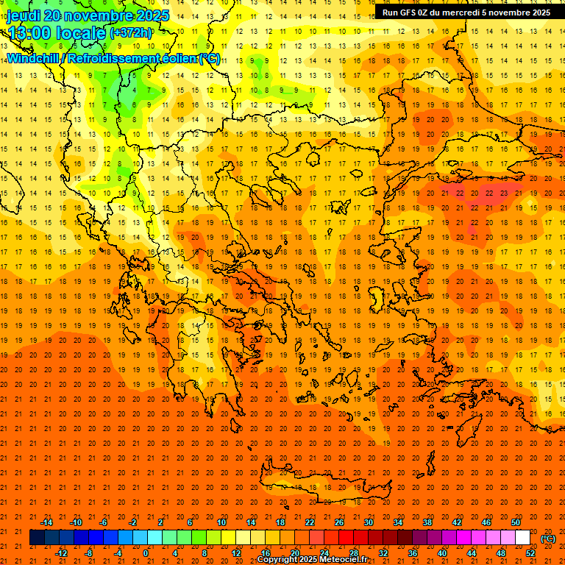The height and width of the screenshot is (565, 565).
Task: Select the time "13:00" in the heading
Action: pos(29,32)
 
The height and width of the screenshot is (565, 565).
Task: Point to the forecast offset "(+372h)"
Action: pos(131,32)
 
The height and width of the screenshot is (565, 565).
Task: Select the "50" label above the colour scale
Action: pos(516,522)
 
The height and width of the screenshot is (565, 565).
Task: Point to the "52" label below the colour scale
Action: pos(530,553)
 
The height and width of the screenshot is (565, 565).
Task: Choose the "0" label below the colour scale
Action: pos(146,553)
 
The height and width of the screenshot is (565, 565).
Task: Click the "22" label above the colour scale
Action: pos(310,522)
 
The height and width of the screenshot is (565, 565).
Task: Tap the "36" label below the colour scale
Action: pos(413,553)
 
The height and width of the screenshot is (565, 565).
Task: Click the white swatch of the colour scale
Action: pos(523,538)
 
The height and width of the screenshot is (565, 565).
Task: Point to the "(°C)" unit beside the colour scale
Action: pos(548,539)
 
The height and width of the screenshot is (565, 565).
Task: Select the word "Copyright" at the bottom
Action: pos(278,560)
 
